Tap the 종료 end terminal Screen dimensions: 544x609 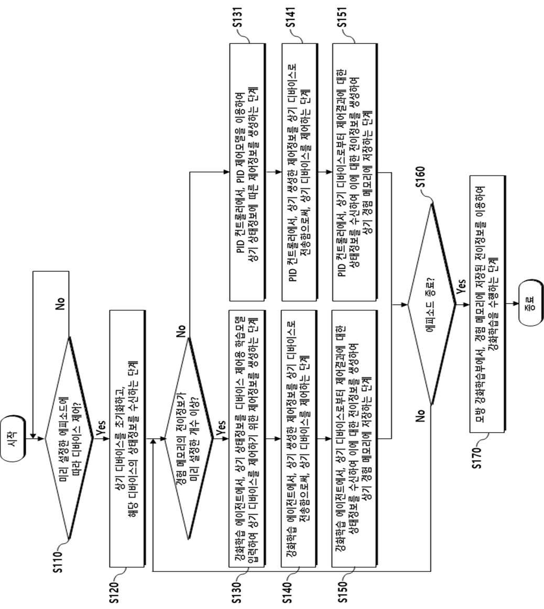(531, 304)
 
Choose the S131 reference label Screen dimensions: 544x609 (237, 17)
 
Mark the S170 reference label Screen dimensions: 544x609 (477, 458)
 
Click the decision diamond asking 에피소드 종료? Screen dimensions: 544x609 (432, 305)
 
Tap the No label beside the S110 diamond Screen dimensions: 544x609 (60, 304)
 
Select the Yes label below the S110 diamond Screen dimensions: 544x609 (101, 427)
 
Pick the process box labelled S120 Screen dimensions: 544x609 (127, 438)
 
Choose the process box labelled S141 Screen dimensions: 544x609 (299, 172)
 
